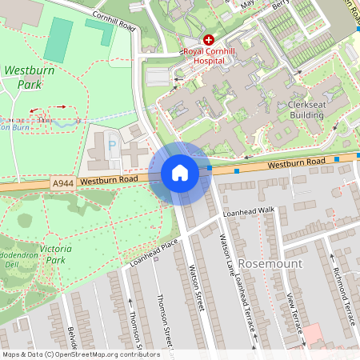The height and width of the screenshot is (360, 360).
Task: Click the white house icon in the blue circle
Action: (x=180, y=173)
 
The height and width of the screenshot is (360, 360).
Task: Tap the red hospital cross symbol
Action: (x=209, y=39)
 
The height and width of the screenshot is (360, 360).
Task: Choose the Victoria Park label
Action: (x=55, y=254)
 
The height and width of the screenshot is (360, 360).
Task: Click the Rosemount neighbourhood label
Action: (x=271, y=263)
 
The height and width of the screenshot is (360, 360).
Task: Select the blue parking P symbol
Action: (x=112, y=146)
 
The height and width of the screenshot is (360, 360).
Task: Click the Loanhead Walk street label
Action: (x=249, y=210)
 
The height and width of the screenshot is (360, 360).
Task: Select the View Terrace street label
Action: (x=294, y=315)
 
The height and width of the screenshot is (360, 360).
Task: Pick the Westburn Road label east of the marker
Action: (x=296, y=162)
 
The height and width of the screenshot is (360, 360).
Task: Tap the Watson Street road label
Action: (x=196, y=286)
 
